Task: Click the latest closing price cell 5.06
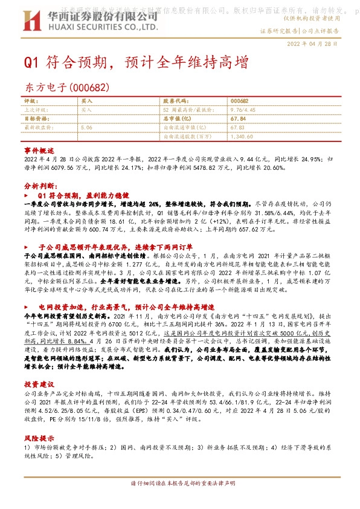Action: tap(86, 128)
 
